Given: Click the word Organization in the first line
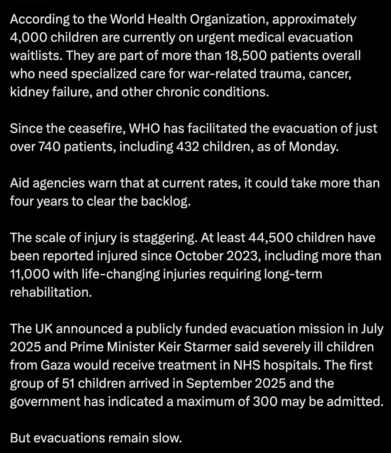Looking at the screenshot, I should point(231,19).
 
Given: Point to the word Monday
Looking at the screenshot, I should point(313,146).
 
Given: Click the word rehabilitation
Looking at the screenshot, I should point(51,292).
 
